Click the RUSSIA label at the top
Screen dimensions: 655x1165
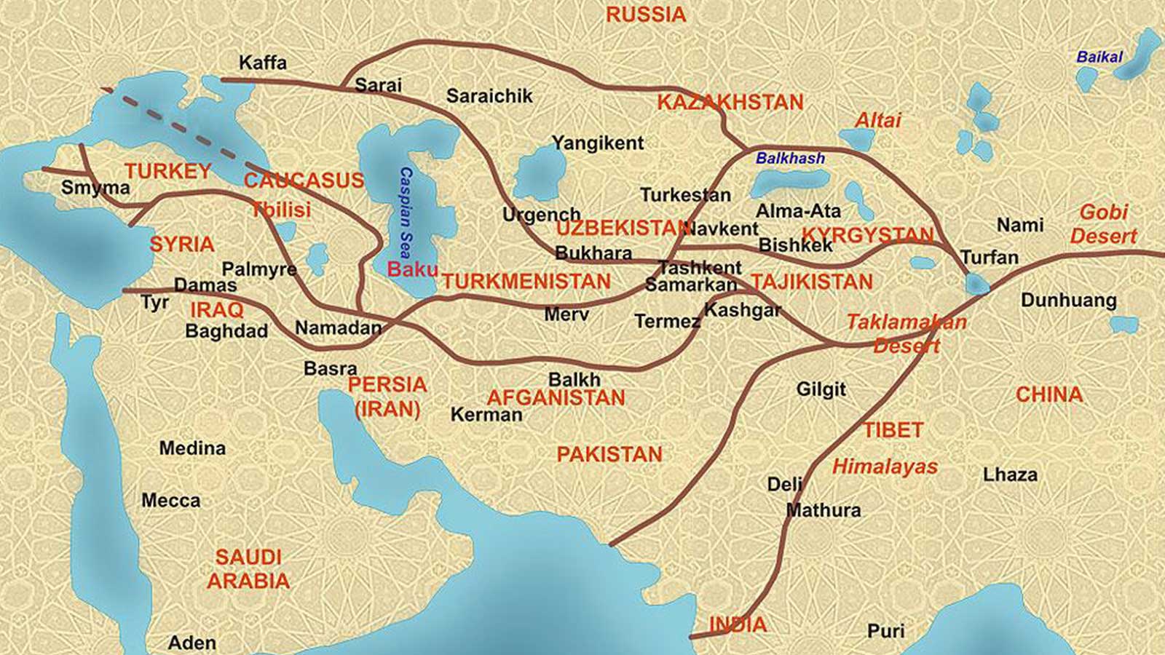coord(646,15)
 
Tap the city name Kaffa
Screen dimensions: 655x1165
coord(263,63)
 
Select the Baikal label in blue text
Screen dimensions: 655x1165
coord(1099,57)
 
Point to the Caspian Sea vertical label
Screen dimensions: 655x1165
coord(406,212)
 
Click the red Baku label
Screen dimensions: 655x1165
coord(412,269)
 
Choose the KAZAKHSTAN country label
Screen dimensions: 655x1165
coord(730,103)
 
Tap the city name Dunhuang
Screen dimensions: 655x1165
coord(1068,300)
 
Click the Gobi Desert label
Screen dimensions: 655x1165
coord(1104,224)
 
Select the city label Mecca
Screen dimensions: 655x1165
coord(171,501)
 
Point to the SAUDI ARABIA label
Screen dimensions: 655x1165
coord(248,569)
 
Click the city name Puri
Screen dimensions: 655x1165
coord(885,631)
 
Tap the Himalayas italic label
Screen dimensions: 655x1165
coord(885,467)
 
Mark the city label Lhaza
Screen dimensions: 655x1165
coord(1010,475)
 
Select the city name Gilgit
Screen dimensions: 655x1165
coord(821,389)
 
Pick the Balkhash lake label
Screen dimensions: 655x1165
coord(790,158)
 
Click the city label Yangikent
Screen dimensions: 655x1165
coord(598,143)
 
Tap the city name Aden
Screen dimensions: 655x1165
coord(192,643)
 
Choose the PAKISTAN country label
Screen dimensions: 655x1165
coord(609,455)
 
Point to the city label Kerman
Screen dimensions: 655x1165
coord(486,415)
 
